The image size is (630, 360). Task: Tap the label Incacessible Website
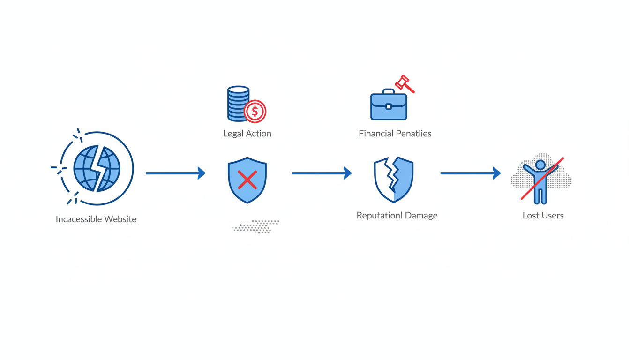point(96,219)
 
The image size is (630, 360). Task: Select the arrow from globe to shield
point(175,173)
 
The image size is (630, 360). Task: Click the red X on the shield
point(247,180)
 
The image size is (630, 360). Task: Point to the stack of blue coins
point(238,104)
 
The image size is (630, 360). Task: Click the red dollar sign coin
point(255,111)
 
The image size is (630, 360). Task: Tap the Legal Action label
point(247,134)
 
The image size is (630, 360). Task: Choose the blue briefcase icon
point(389,106)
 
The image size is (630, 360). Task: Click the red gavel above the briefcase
point(404,84)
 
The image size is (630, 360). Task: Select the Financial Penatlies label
point(395,134)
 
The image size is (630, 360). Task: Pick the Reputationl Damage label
point(397,216)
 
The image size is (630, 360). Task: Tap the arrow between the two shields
point(322,173)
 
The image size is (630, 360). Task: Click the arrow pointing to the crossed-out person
point(470,173)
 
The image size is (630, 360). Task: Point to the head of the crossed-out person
point(540,165)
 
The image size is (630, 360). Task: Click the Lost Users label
point(543,216)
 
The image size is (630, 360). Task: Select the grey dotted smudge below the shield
point(256,226)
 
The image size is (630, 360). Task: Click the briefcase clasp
point(389,107)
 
